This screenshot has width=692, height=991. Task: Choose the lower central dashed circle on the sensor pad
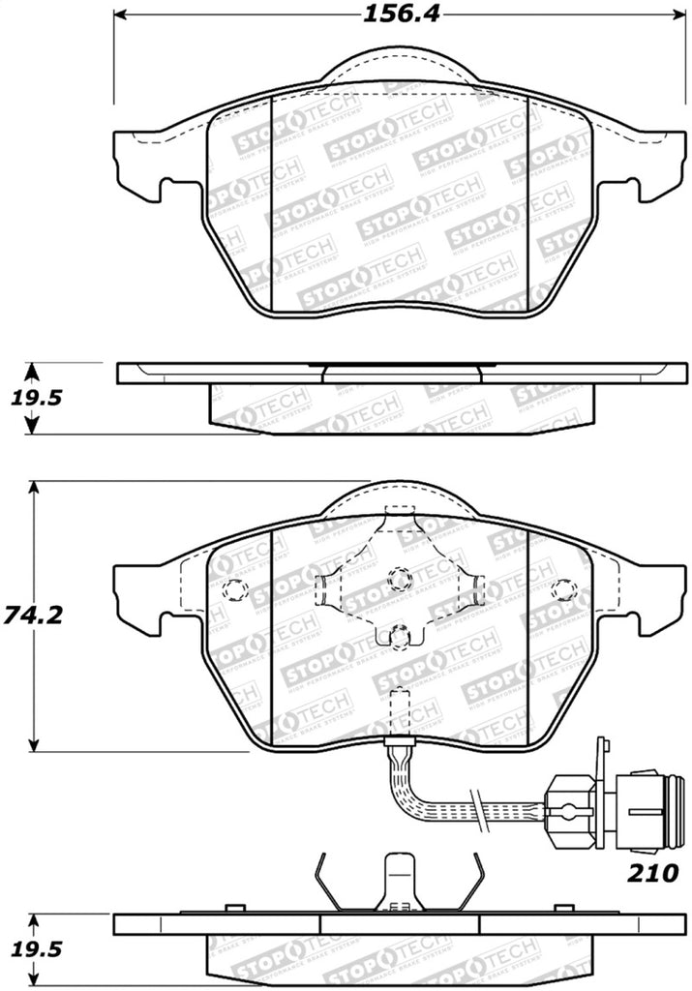coord(399,636)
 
